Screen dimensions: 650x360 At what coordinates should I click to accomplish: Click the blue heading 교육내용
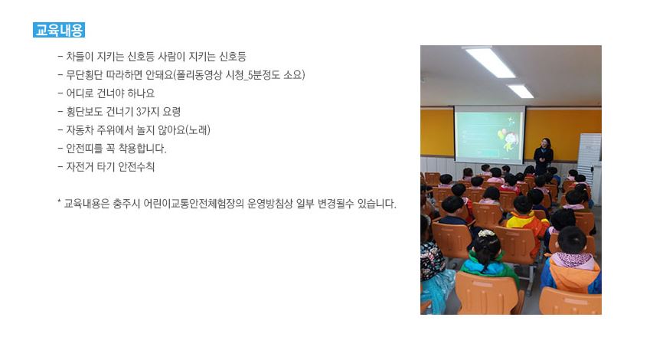click(59, 31)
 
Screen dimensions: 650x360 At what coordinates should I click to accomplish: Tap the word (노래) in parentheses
click(198, 130)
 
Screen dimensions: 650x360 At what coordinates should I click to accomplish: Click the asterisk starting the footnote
click(59, 202)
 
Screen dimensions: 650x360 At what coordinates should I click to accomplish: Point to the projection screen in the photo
click(489, 135)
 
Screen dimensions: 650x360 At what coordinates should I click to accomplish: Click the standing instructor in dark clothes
click(544, 156)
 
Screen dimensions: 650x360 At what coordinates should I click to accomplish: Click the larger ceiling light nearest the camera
click(490, 62)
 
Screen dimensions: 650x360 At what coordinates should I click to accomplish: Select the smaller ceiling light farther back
click(521, 91)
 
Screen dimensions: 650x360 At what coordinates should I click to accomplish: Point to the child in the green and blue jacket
click(489, 258)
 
